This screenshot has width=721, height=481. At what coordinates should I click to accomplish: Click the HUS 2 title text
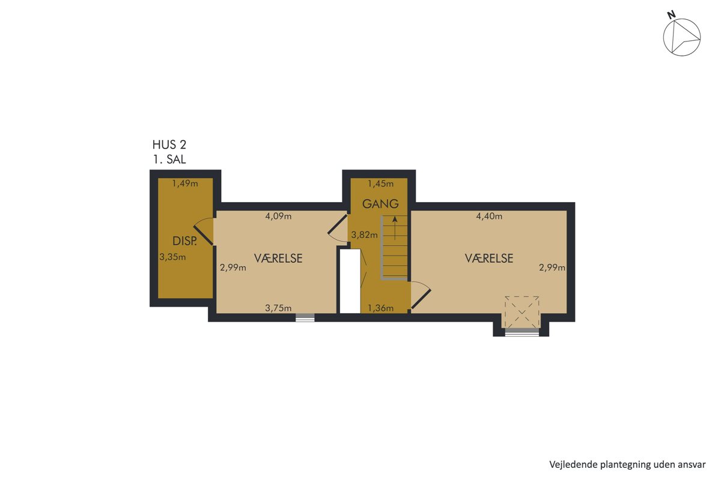click(169, 145)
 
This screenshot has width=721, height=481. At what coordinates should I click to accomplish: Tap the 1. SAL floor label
click(169, 159)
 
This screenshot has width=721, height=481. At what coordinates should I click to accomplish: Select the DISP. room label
click(184, 241)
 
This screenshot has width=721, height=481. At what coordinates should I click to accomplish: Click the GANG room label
click(380, 204)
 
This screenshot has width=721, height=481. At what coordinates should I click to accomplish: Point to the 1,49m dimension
click(185, 183)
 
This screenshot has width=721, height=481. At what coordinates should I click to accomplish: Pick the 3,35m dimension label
click(172, 257)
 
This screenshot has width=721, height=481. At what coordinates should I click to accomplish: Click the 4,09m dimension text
click(278, 216)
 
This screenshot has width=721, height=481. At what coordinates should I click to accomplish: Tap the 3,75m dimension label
click(278, 308)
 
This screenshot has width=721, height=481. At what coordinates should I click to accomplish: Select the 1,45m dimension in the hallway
click(381, 183)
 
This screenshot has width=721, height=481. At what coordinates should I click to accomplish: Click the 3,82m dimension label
click(364, 235)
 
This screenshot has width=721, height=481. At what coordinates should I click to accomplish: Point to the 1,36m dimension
click(381, 308)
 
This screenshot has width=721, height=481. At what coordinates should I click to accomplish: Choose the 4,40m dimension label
click(489, 216)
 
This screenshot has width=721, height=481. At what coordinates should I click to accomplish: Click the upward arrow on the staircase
click(395, 228)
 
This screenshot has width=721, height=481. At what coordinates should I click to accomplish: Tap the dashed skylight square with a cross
click(522, 312)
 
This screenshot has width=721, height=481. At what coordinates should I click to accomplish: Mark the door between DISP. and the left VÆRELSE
click(204, 232)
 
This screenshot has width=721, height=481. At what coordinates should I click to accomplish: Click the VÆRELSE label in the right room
click(489, 259)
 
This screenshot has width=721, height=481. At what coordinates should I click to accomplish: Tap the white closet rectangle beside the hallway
click(350, 281)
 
